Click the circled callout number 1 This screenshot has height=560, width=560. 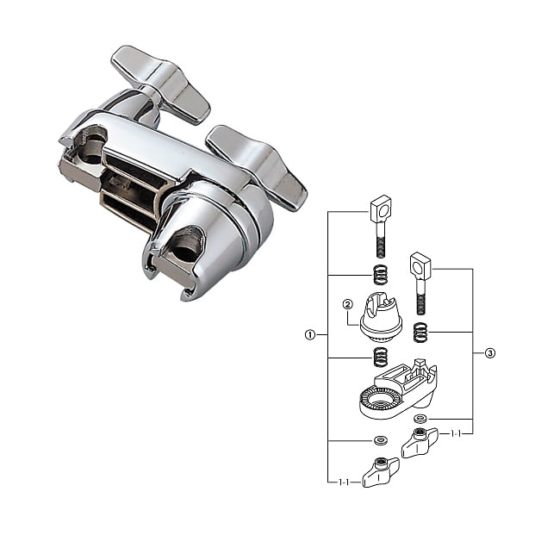pos(309,335)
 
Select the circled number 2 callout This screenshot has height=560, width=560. pos(347,304)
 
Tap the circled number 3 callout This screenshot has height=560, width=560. pos(490,353)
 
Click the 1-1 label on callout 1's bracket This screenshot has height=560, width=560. pos(344,482)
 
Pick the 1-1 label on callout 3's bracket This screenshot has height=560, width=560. pos(456,434)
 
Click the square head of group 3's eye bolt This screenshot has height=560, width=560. pos(420,266)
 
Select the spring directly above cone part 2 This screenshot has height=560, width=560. pos(380,275)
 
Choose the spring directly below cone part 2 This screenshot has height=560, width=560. pos(380,358)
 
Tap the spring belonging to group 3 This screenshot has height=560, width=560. pos(420,333)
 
